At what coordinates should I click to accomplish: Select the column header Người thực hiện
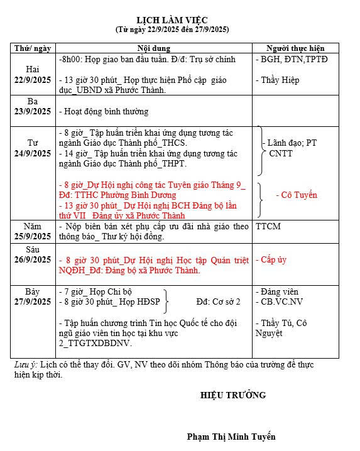(295, 48)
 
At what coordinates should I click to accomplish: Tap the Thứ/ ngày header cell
(33, 48)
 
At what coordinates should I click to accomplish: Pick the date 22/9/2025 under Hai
(33, 79)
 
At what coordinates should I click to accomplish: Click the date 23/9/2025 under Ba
(33, 111)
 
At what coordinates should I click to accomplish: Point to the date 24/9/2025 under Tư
(33, 153)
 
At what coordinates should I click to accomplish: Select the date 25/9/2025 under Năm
(33, 236)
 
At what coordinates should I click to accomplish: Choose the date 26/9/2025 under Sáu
(33, 259)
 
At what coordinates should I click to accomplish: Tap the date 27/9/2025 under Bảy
(33, 302)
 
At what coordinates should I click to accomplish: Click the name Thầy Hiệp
(279, 80)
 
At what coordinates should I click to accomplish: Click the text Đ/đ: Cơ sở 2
(218, 302)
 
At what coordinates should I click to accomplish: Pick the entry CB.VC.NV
(281, 302)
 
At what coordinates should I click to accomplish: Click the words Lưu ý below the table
(26, 364)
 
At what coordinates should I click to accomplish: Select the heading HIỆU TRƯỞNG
(233, 395)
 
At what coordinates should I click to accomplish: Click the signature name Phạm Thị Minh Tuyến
(231, 437)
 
